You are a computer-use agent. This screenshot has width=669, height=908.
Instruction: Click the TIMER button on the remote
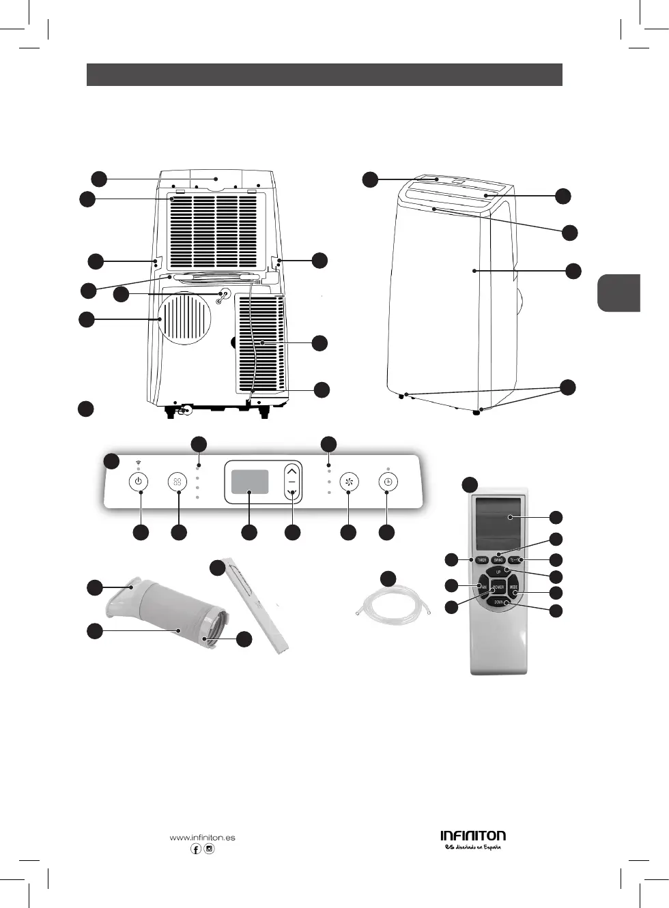click(x=482, y=560)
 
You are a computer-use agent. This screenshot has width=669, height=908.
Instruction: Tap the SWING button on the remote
click(x=498, y=560)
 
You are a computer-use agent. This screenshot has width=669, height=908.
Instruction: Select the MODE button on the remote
click(x=513, y=587)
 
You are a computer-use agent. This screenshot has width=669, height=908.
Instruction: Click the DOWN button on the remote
click(x=499, y=602)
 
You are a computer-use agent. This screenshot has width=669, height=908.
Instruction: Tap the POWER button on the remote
click(x=498, y=587)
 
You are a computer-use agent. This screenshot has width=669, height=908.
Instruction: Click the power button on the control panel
click(x=139, y=482)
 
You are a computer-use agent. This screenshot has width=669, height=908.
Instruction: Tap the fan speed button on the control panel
click(x=349, y=482)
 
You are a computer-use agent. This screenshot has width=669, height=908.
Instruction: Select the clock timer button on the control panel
click(x=387, y=482)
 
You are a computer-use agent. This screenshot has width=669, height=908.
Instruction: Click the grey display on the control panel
click(x=249, y=482)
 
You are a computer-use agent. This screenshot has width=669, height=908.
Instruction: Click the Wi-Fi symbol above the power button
click(x=139, y=463)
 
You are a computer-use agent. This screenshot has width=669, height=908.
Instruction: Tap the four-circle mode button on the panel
click(x=177, y=482)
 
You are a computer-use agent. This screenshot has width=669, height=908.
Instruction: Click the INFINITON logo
click(x=473, y=836)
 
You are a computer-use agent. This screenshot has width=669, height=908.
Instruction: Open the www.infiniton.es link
click(x=202, y=837)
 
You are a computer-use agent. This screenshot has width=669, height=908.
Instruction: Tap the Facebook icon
click(x=196, y=849)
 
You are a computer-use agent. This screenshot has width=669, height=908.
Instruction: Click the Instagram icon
click(x=210, y=849)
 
